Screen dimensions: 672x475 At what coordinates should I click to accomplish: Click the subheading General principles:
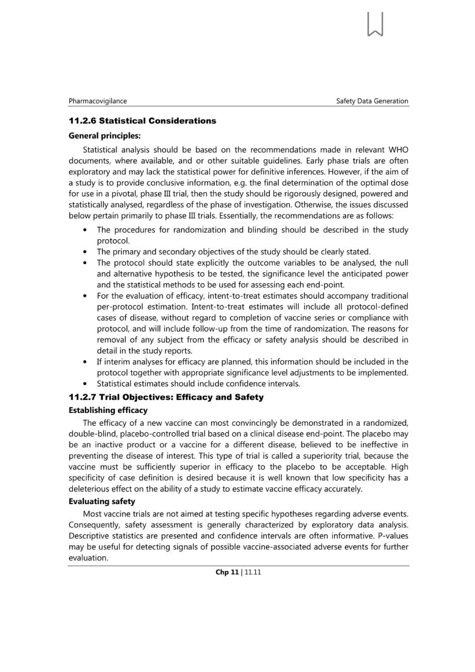pyautogui.click(x=104, y=136)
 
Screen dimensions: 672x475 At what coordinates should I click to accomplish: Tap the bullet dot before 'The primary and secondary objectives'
pyautogui.click(x=85, y=252)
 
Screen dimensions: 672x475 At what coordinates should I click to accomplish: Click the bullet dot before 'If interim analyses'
pyautogui.click(x=85, y=362)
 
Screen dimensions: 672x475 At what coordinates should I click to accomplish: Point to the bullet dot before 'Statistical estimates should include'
pyautogui.click(x=85, y=384)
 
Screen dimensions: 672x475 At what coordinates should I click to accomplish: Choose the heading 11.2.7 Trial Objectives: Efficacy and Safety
pyautogui.click(x=166, y=397)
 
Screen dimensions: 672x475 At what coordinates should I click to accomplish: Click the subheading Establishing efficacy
pyautogui.click(x=108, y=410)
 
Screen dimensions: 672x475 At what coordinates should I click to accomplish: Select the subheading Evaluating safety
pyautogui.click(x=102, y=502)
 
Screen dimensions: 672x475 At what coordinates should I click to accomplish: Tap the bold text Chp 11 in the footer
pyautogui.click(x=227, y=572)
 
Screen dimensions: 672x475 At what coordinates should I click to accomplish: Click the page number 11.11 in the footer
pyautogui.click(x=253, y=572)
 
